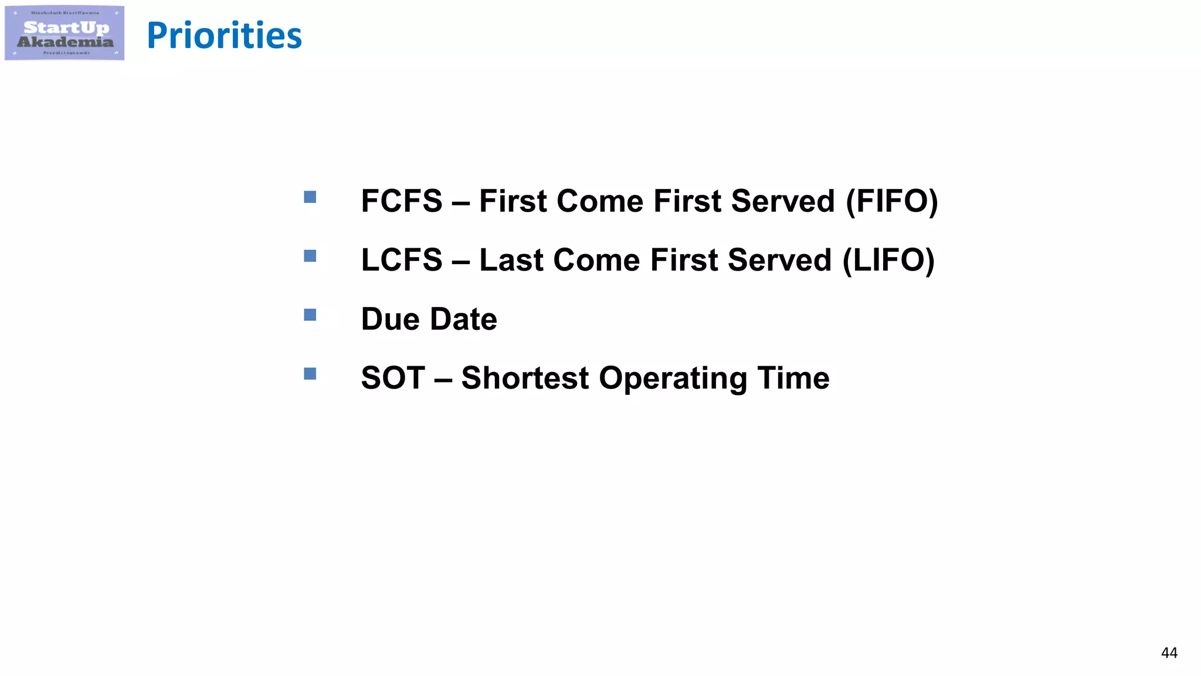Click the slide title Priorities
click(224, 36)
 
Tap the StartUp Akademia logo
click(65, 33)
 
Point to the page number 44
click(1169, 653)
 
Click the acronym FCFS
click(402, 201)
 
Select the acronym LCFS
click(402, 261)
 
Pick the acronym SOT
click(393, 378)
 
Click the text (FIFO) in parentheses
click(891, 201)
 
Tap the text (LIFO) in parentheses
click(888, 261)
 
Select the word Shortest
click(525, 378)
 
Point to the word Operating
click(673, 378)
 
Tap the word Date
click(463, 319)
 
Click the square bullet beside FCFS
click(310, 197)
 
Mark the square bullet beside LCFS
click(310, 256)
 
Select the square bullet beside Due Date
click(310, 315)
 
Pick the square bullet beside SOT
click(310, 374)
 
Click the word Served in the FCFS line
click(783, 201)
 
